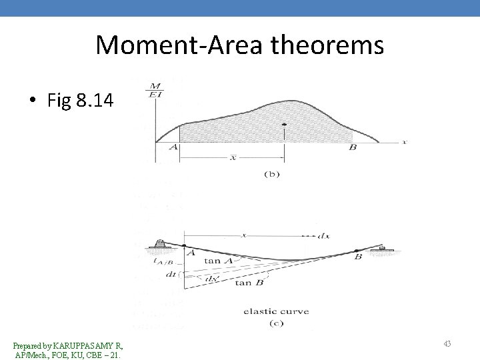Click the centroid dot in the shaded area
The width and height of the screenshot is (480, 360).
pyautogui.click(x=285, y=125)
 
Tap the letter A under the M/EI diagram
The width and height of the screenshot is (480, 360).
pyautogui.click(x=175, y=147)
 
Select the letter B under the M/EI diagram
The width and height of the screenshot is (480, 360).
pyautogui.click(x=352, y=147)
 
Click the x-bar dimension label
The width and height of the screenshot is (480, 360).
pyautogui.click(x=233, y=157)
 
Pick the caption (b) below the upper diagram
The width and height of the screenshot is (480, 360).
pyautogui.click(x=272, y=174)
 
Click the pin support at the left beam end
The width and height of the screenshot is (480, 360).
pyautogui.click(x=160, y=245)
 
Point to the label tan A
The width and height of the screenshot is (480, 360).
pyautogui.click(x=219, y=261)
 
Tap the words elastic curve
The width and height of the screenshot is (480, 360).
pyautogui.click(x=275, y=311)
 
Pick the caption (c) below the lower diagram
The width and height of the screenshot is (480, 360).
pyautogui.click(x=275, y=323)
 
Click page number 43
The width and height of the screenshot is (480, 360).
pyautogui.click(x=447, y=343)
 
